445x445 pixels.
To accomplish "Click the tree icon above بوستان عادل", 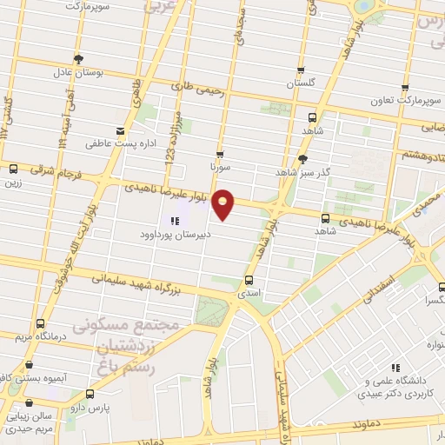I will point(79,59).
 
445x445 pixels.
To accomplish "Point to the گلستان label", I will point(302,85).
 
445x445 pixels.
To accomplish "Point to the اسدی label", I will point(249,295).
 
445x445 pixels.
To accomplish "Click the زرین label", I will point(13,183).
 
